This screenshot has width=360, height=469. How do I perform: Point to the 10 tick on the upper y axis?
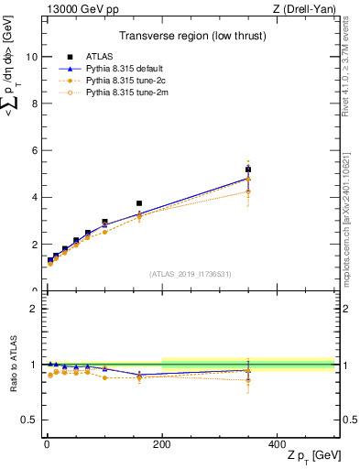[30, 56]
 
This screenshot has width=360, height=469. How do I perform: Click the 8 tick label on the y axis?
[33, 104]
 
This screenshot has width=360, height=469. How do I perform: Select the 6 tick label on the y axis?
[33, 150]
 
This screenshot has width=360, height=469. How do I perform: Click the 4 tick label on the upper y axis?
[33, 197]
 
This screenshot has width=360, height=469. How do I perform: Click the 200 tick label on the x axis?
[161, 443]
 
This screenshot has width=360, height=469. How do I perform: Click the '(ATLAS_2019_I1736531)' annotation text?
[190, 273]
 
